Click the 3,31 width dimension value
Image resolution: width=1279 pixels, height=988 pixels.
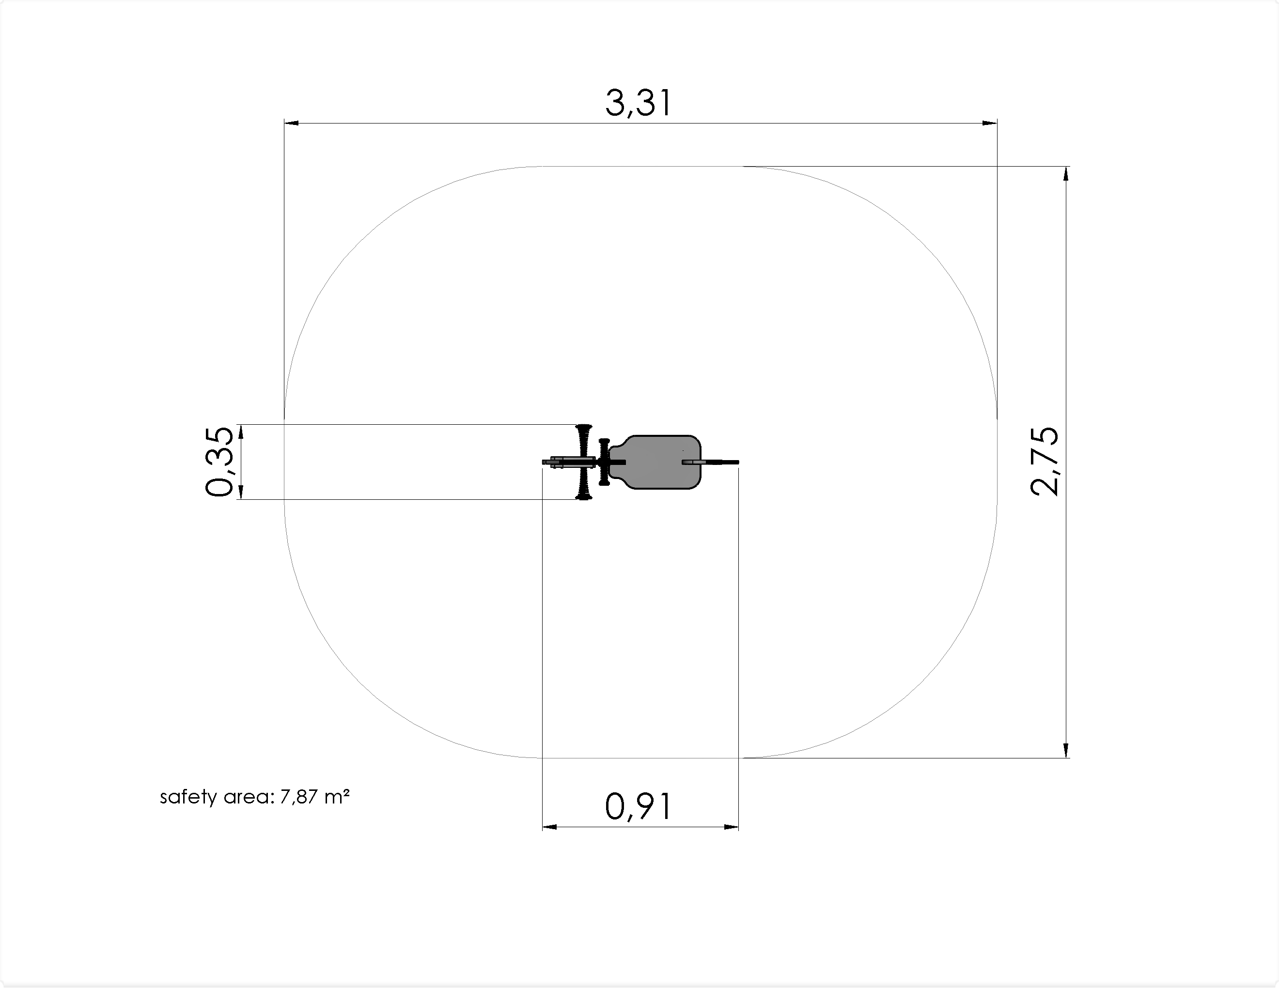click(639, 104)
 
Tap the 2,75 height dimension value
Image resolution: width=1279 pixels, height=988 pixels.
click(1045, 462)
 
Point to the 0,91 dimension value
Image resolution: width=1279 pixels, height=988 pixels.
click(639, 807)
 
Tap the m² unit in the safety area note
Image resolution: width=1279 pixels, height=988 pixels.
click(337, 796)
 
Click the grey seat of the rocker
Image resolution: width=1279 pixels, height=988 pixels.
click(655, 462)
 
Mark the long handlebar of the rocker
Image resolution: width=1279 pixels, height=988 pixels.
click(584, 462)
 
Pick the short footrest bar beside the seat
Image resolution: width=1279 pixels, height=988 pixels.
click(604, 462)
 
